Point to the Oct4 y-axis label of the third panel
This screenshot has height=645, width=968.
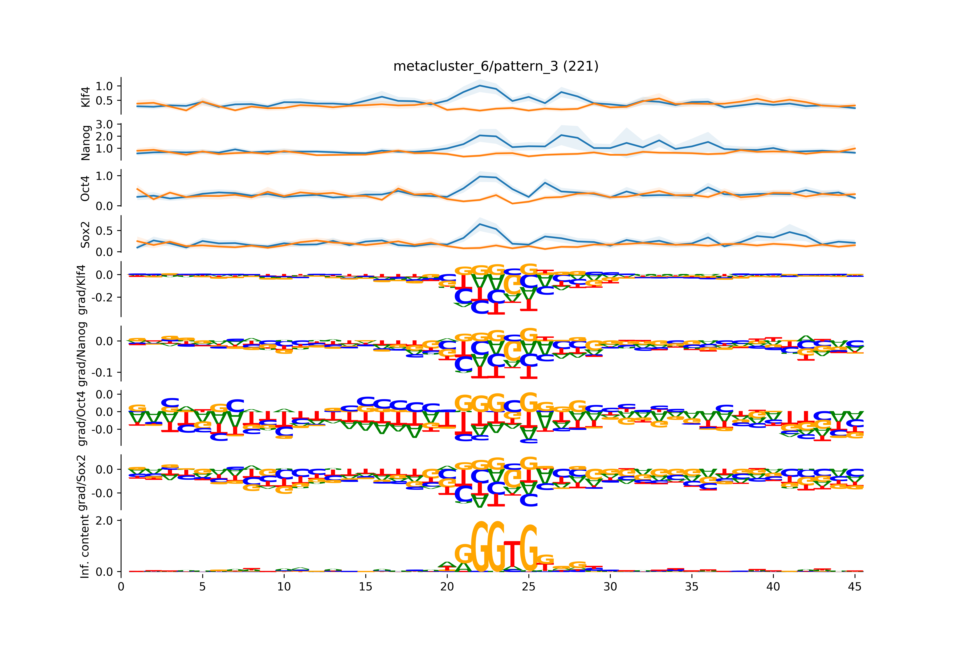(x=85, y=188)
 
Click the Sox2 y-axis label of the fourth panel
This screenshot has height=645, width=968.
(x=85, y=234)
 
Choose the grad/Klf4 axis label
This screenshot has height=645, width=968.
(x=83, y=290)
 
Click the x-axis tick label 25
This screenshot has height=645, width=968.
(x=529, y=587)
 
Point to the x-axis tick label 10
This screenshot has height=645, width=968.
(x=284, y=587)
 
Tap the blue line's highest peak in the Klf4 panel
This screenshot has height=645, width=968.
(x=480, y=86)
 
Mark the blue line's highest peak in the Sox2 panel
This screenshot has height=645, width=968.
(x=480, y=224)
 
